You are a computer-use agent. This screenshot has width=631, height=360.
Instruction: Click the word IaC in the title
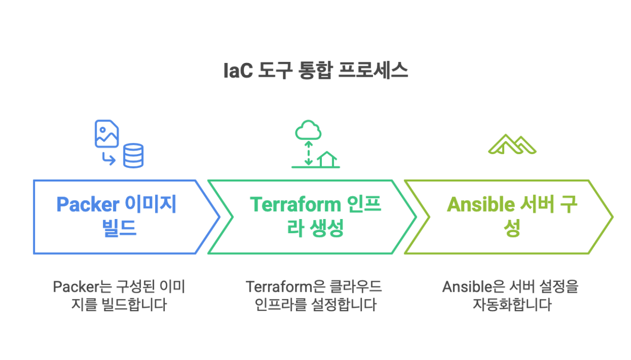click(x=238, y=70)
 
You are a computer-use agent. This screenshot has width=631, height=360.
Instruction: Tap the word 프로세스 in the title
click(x=373, y=70)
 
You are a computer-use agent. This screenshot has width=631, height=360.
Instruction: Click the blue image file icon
click(x=106, y=134)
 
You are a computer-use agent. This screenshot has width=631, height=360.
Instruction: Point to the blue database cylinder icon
click(x=133, y=156)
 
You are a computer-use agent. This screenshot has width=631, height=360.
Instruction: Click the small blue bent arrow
click(x=109, y=159)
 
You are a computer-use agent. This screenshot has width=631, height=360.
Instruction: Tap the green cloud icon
click(x=308, y=130)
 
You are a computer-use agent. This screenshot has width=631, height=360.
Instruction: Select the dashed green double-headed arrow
click(x=309, y=153)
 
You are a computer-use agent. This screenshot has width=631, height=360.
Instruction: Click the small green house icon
click(x=327, y=159)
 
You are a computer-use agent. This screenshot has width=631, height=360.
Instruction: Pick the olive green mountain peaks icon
click(x=512, y=144)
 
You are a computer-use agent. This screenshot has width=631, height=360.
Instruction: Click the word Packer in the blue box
click(x=88, y=204)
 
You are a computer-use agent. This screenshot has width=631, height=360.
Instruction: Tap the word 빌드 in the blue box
click(x=119, y=228)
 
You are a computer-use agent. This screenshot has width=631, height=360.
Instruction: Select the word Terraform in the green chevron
click(x=296, y=204)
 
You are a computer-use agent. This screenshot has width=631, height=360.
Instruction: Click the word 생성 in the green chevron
click(x=327, y=228)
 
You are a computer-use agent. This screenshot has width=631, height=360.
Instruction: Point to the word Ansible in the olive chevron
click(x=481, y=204)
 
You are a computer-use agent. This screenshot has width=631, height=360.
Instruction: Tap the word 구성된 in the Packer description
click(x=136, y=287)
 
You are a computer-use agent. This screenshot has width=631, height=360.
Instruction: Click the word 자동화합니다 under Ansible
click(x=512, y=305)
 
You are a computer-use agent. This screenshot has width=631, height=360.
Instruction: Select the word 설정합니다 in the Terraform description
click(x=344, y=305)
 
